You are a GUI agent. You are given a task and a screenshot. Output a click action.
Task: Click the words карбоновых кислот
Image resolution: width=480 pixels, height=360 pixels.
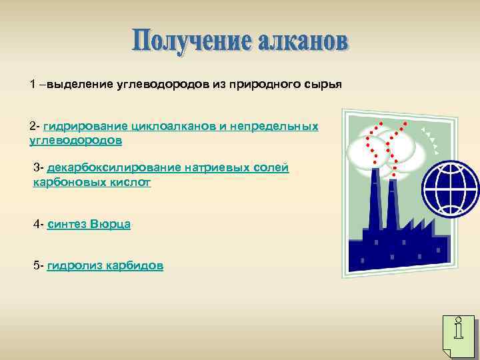click(x=92, y=182)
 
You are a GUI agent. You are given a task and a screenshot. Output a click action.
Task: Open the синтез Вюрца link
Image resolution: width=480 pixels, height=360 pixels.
click(x=89, y=224)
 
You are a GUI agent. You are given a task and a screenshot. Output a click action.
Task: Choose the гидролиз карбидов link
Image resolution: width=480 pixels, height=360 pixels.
click(x=105, y=265)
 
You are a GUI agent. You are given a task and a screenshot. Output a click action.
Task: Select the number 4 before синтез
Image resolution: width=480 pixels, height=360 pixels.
click(x=37, y=224)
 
